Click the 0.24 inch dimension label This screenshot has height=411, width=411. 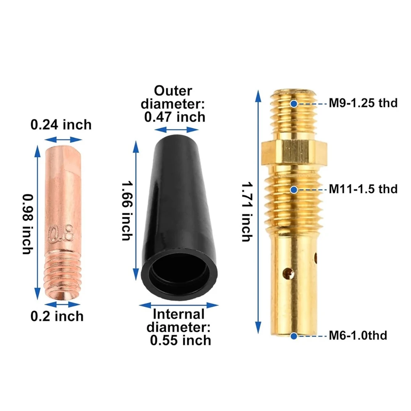[x=61, y=125]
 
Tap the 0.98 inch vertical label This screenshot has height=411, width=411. [x=28, y=224]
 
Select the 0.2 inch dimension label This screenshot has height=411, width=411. [x=57, y=316]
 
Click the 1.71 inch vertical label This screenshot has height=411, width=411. [x=247, y=212]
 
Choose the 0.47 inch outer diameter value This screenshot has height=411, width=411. [x=175, y=117]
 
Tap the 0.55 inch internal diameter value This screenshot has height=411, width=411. [x=181, y=340]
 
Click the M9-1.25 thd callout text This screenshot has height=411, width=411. [x=363, y=103]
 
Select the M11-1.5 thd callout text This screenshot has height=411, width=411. [x=363, y=189]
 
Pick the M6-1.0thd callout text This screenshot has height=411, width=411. [x=358, y=335]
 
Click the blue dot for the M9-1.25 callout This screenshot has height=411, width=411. [x=294, y=104]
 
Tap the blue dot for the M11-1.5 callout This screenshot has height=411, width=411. [x=294, y=190]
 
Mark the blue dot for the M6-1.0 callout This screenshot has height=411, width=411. [x=294, y=336]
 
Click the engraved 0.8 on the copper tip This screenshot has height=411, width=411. [x=61, y=233]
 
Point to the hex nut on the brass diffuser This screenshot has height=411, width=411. [x=294, y=154]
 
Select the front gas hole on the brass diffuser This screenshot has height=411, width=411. [x=288, y=273]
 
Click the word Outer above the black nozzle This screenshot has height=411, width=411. [x=173, y=91]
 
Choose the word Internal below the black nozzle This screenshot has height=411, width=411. [x=179, y=314]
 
